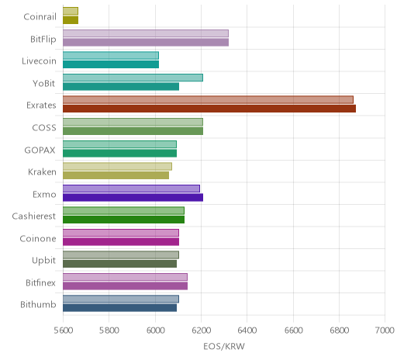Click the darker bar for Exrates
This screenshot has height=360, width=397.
pyautogui.click(x=209, y=109)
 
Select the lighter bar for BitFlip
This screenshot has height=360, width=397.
pyautogui.click(x=146, y=33)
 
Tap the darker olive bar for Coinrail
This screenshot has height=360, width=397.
pyautogui.click(x=71, y=20)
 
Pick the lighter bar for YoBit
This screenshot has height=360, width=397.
pyautogui.click(x=133, y=78)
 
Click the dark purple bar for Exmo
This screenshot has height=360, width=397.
pyautogui.click(x=133, y=197)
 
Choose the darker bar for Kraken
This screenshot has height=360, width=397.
pyautogui.click(x=116, y=175)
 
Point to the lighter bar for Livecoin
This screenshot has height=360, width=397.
pyautogui.click(x=111, y=56)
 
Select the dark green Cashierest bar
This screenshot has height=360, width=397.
pyautogui.click(x=123, y=220)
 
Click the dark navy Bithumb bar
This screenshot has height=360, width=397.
pyautogui.click(x=119, y=308)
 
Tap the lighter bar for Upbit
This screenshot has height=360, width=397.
pyautogui.click(x=121, y=255)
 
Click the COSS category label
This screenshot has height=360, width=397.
pyautogui.click(x=44, y=128)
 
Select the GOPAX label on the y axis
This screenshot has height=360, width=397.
pyautogui.click(x=40, y=151)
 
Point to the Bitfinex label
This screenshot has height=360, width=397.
pyautogui.click(x=40, y=282)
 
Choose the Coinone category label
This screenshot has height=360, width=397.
pyautogui.click(x=38, y=238)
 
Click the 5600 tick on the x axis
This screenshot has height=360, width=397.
pyautogui.click(x=64, y=331)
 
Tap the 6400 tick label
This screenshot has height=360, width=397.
pyautogui.click(x=247, y=331)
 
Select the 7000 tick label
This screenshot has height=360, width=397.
pyautogui.click(x=385, y=331)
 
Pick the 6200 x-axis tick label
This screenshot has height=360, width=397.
pyautogui.click(x=202, y=331)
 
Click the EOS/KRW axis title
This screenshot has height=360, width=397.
pyautogui.click(x=224, y=346)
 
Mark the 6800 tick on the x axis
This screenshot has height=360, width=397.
pyautogui.click(x=340, y=331)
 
